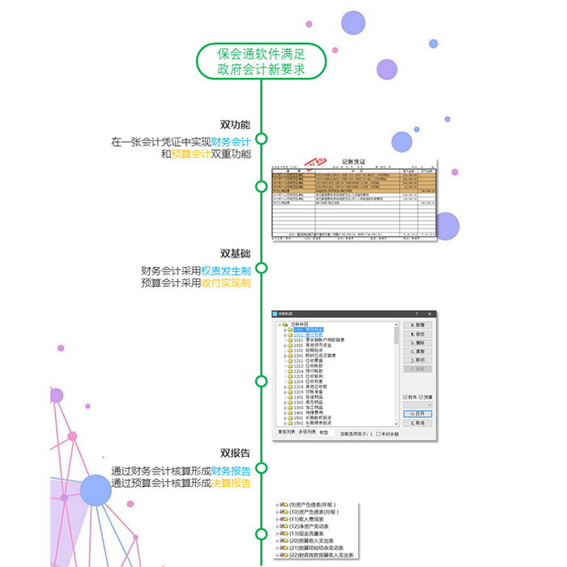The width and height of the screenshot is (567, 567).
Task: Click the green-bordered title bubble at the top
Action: (x=261, y=62)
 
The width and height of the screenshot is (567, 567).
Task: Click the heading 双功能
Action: (x=235, y=125)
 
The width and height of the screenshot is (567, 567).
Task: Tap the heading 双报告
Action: (x=235, y=453)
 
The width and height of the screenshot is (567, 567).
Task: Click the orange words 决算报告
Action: (x=231, y=484)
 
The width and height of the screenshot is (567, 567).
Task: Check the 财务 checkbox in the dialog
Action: (x=406, y=397)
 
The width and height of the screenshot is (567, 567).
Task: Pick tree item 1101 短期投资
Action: (x=309, y=350)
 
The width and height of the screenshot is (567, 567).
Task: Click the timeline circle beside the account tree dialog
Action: (x=261, y=381)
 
